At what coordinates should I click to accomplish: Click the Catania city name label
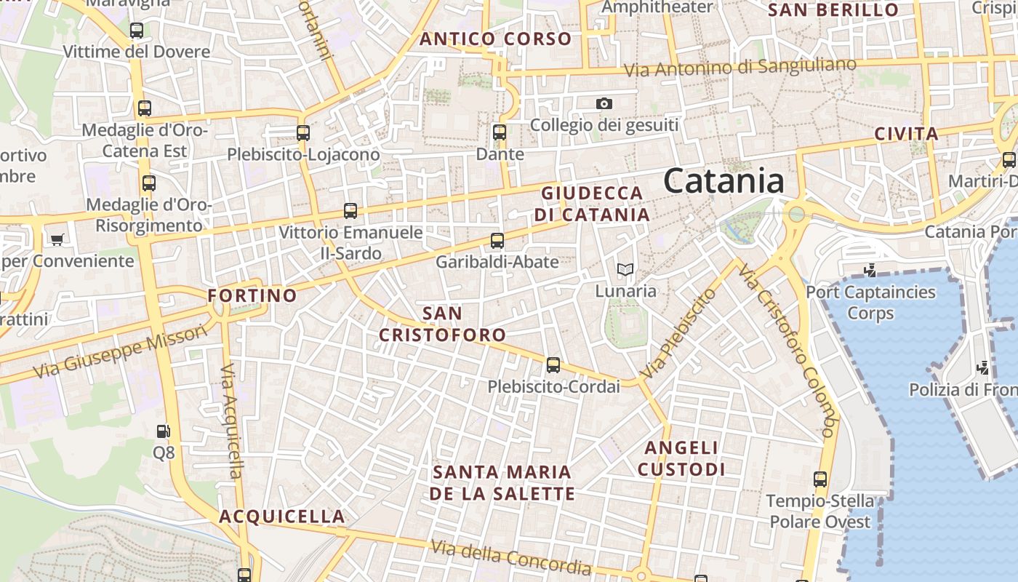pos(724,180)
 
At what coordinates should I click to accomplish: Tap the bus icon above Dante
pos(499,132)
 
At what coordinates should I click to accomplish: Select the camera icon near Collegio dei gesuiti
pos(604,104)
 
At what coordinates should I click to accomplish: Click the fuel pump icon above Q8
pos(164,431)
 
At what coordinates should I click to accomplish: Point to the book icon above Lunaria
pos(625,270)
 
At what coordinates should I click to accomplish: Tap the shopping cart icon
pos(57,239)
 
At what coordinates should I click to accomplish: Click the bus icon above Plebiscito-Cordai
pos(553,365)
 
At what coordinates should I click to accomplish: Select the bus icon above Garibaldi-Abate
pos(497,241)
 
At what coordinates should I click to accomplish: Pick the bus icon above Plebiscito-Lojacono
pos(303,133)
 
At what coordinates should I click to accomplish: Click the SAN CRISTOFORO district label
pos(442,324)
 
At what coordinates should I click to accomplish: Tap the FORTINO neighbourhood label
pos(252,295)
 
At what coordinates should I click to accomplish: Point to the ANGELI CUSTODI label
pos(681,458)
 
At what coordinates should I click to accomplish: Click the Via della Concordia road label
pos(510,557)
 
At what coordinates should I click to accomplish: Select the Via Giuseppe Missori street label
pos(120,352)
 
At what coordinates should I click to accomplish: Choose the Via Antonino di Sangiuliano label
pos(740,68)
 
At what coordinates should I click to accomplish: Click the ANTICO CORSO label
pos(496,39)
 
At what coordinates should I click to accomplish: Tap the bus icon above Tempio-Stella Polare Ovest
pos(820,479)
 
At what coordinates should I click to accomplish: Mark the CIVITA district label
pos(906,134)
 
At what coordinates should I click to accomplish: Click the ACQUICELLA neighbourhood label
pos(282,517)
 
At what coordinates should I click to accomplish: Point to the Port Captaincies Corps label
pos(870,303)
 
